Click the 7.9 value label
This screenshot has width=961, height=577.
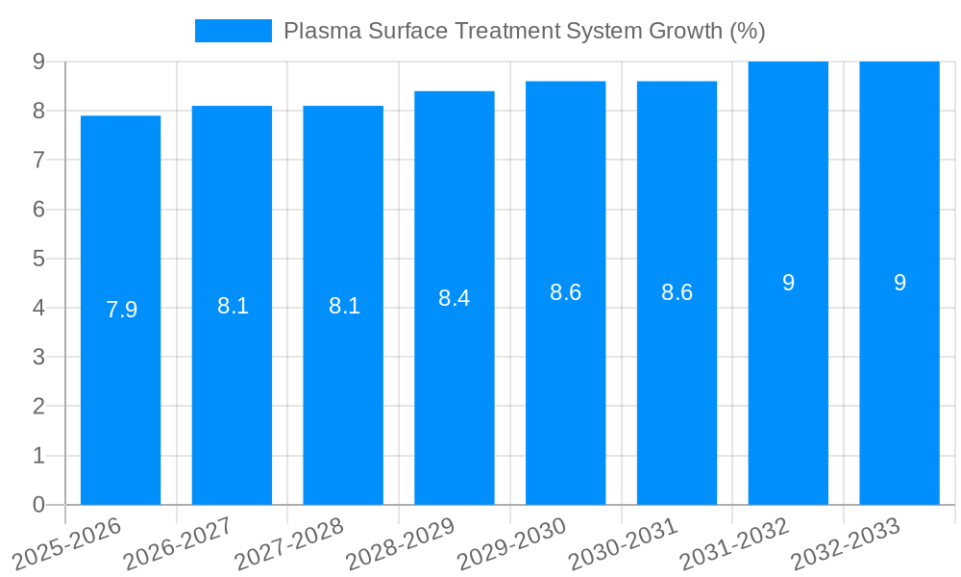(121, 310)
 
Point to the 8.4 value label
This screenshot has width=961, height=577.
(454, 298)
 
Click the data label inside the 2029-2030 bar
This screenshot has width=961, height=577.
(565, 293)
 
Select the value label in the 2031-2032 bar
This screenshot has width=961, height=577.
(788, 283)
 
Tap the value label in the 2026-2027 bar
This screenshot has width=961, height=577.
(233, 306)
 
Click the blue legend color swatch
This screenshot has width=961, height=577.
(233, 31)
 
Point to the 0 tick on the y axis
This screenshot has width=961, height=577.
(38, 505)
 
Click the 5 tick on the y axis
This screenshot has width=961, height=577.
(38, 259)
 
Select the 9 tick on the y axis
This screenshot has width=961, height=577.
(38, 62)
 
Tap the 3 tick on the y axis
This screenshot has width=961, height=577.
(38, 357)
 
